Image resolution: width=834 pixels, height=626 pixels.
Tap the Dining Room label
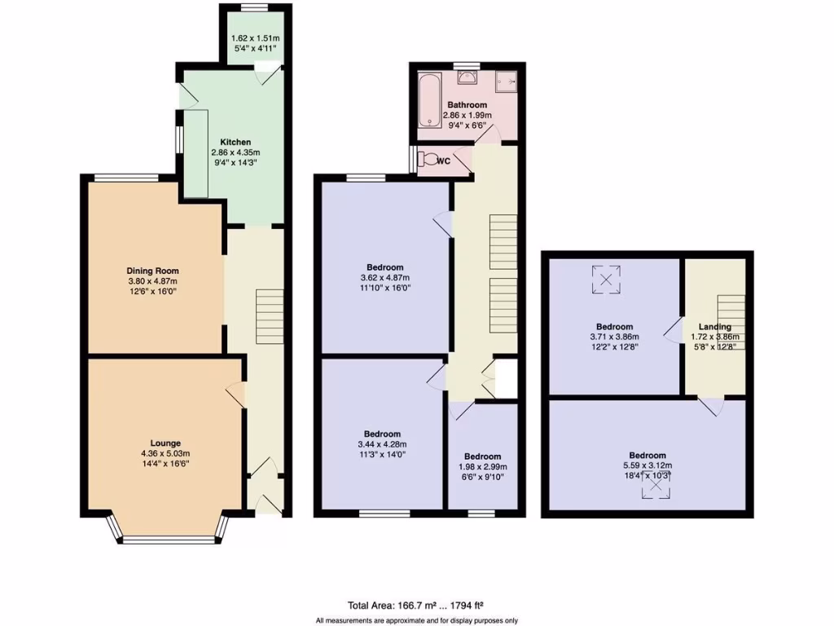pos(152,271)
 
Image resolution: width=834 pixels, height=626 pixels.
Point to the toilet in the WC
pos(429,161)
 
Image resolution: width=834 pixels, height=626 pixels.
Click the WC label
pos(444,161)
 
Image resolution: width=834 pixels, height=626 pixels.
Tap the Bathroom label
pos(467,105)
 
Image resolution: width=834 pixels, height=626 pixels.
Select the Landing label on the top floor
pos(714,327)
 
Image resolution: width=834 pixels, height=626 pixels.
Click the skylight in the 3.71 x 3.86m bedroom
pos(606,280)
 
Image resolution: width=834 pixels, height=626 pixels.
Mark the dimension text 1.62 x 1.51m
pos(255,37)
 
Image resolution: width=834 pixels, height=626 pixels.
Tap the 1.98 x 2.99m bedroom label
pos(484,456)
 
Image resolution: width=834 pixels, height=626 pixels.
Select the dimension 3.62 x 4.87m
pos(384,277)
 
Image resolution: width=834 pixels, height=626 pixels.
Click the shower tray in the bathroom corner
pos(506,81)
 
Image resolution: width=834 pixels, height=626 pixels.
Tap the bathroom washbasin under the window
pos(467,77)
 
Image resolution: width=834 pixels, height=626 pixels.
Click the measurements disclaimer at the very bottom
pos(416,620)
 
